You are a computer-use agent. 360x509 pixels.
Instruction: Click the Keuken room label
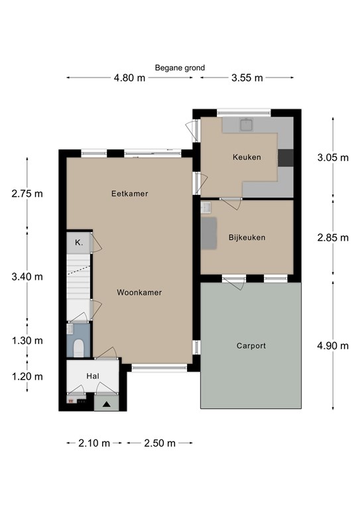point(247,157)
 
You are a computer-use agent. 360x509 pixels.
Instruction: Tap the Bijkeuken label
point(247,237)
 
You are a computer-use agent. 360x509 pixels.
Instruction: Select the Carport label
point(251,346)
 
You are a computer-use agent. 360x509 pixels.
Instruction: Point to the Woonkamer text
point(139,292)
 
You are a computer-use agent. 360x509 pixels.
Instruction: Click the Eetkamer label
point(129,194)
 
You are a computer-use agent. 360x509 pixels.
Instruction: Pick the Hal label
point(93,376)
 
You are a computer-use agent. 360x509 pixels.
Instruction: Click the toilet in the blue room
point(78,348)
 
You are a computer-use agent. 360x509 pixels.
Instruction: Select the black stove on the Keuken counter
point(286,158)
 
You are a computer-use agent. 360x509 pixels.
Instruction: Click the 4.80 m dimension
point(129,78)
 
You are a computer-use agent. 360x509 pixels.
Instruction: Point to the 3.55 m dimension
point(247,78)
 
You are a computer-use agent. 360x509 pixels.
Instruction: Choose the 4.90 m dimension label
point(333,346)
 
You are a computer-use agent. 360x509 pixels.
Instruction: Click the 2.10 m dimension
point(94,443)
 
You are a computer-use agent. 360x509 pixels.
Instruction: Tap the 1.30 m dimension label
point(27,341)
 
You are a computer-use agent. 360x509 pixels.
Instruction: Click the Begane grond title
point(180,68)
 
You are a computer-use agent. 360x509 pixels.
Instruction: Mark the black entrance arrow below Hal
point(107,404)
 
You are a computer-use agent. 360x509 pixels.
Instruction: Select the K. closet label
point(79,242)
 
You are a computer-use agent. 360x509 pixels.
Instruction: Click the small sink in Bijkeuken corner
point(206,207)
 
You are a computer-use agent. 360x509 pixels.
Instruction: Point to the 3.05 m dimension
point(333,158)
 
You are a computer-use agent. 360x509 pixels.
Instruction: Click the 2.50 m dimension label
point(160,443)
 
